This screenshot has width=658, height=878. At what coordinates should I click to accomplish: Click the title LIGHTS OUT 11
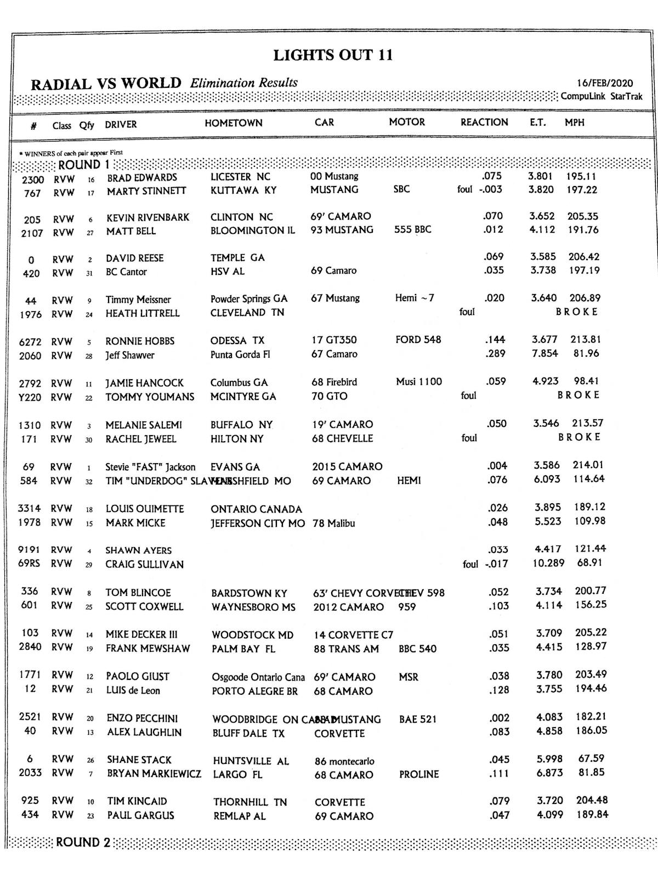333,55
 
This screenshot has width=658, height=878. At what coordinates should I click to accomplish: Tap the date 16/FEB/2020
604,83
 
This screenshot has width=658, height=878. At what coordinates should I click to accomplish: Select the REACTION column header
484,122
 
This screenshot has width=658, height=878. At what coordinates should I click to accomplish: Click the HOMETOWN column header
234,123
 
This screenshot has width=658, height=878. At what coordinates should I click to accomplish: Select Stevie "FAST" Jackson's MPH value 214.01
588,465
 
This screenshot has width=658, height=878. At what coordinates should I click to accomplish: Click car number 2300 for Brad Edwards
33,179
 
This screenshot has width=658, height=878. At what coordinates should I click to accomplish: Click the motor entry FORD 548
418,340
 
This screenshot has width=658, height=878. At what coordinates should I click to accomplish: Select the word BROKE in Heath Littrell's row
577,312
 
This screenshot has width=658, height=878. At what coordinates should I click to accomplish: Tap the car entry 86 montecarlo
344,761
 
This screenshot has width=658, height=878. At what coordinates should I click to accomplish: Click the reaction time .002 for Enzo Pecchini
500,718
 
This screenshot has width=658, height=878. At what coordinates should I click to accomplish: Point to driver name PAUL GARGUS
140,815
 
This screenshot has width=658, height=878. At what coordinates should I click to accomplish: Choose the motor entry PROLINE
419,774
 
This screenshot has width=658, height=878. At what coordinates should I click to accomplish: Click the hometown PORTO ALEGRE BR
254,691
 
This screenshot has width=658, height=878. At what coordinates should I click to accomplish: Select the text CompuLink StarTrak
601,97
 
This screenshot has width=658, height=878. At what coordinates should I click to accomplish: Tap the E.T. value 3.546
546,423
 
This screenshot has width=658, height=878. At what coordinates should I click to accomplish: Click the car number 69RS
30,564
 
